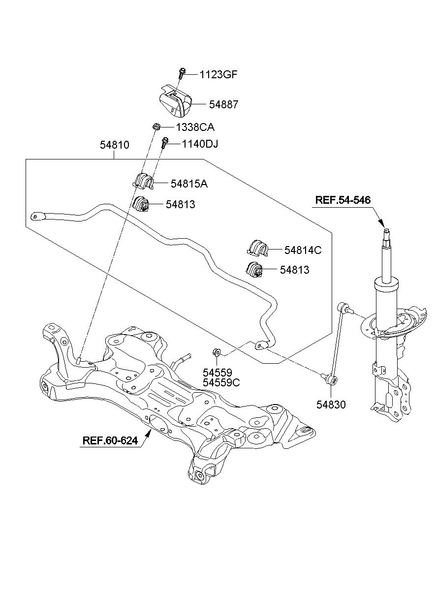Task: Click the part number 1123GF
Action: (x=218, y=74)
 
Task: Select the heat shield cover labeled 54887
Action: (x=175, y=101)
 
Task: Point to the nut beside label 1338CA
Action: (x=156, y=126)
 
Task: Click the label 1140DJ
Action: (x=200, y=144)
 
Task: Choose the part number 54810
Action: (x=115, y=145)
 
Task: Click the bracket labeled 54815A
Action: (x=143, y=181)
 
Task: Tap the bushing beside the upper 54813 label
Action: (x=142, y=204)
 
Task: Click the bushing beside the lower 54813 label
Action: (x=254, y=270)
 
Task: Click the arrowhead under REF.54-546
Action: (x=381, y=223)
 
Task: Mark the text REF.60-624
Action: (x=110, y=440)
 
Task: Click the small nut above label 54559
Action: (x=216, y=352)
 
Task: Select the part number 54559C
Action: (x=221, y=382)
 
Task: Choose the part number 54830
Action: (x=331, y=405)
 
